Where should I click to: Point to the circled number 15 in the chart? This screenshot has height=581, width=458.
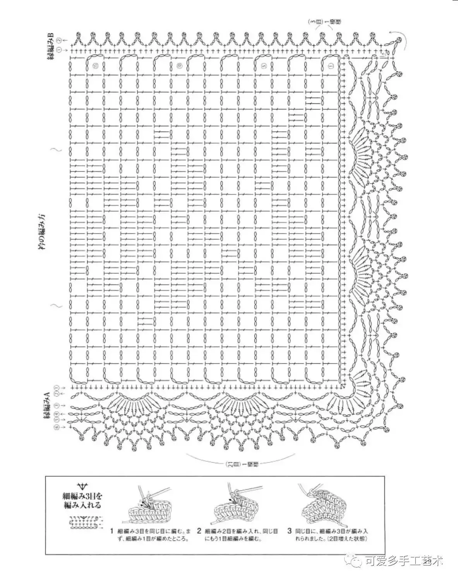coord(96,65)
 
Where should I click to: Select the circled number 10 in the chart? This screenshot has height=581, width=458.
coord(179,65)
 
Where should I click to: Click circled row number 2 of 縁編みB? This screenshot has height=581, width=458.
coord(59,40)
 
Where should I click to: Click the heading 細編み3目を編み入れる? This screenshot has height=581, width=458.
coord(84,500)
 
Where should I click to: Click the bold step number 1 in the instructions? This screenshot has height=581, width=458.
coord(112,531)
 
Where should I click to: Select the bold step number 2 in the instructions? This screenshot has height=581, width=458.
coord(199,531)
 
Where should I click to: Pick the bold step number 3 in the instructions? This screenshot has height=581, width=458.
coord(289,531)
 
